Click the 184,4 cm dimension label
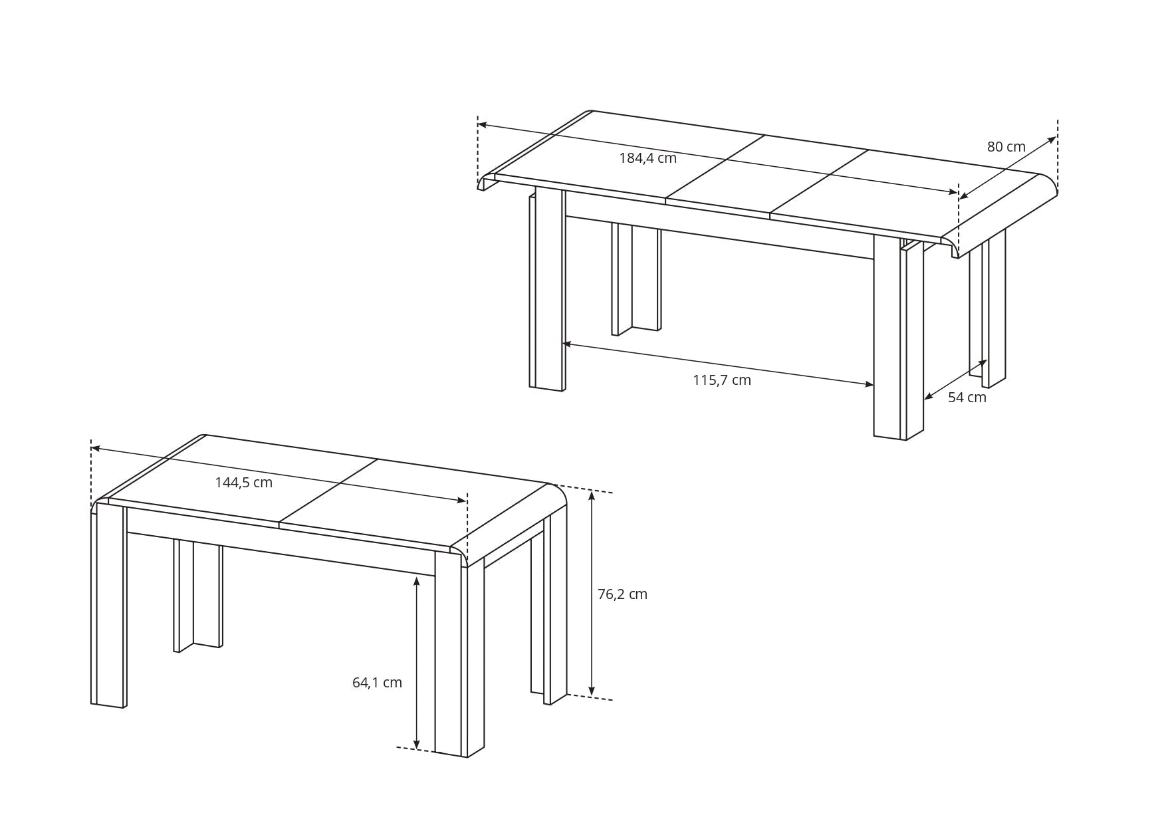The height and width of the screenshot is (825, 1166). (x=647, y=158)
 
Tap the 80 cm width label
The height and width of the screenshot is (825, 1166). (x=1006, y=147)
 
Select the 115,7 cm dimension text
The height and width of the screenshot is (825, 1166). (x=721, y=380)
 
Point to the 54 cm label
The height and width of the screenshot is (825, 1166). (x=967, y=398)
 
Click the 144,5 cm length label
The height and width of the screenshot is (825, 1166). (x=243, y=483)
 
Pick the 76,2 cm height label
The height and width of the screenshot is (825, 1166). (x=622, y=594)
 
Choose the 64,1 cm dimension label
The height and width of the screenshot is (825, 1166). (x=377, y=683)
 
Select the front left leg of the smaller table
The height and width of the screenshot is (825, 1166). (x=111, y=605)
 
